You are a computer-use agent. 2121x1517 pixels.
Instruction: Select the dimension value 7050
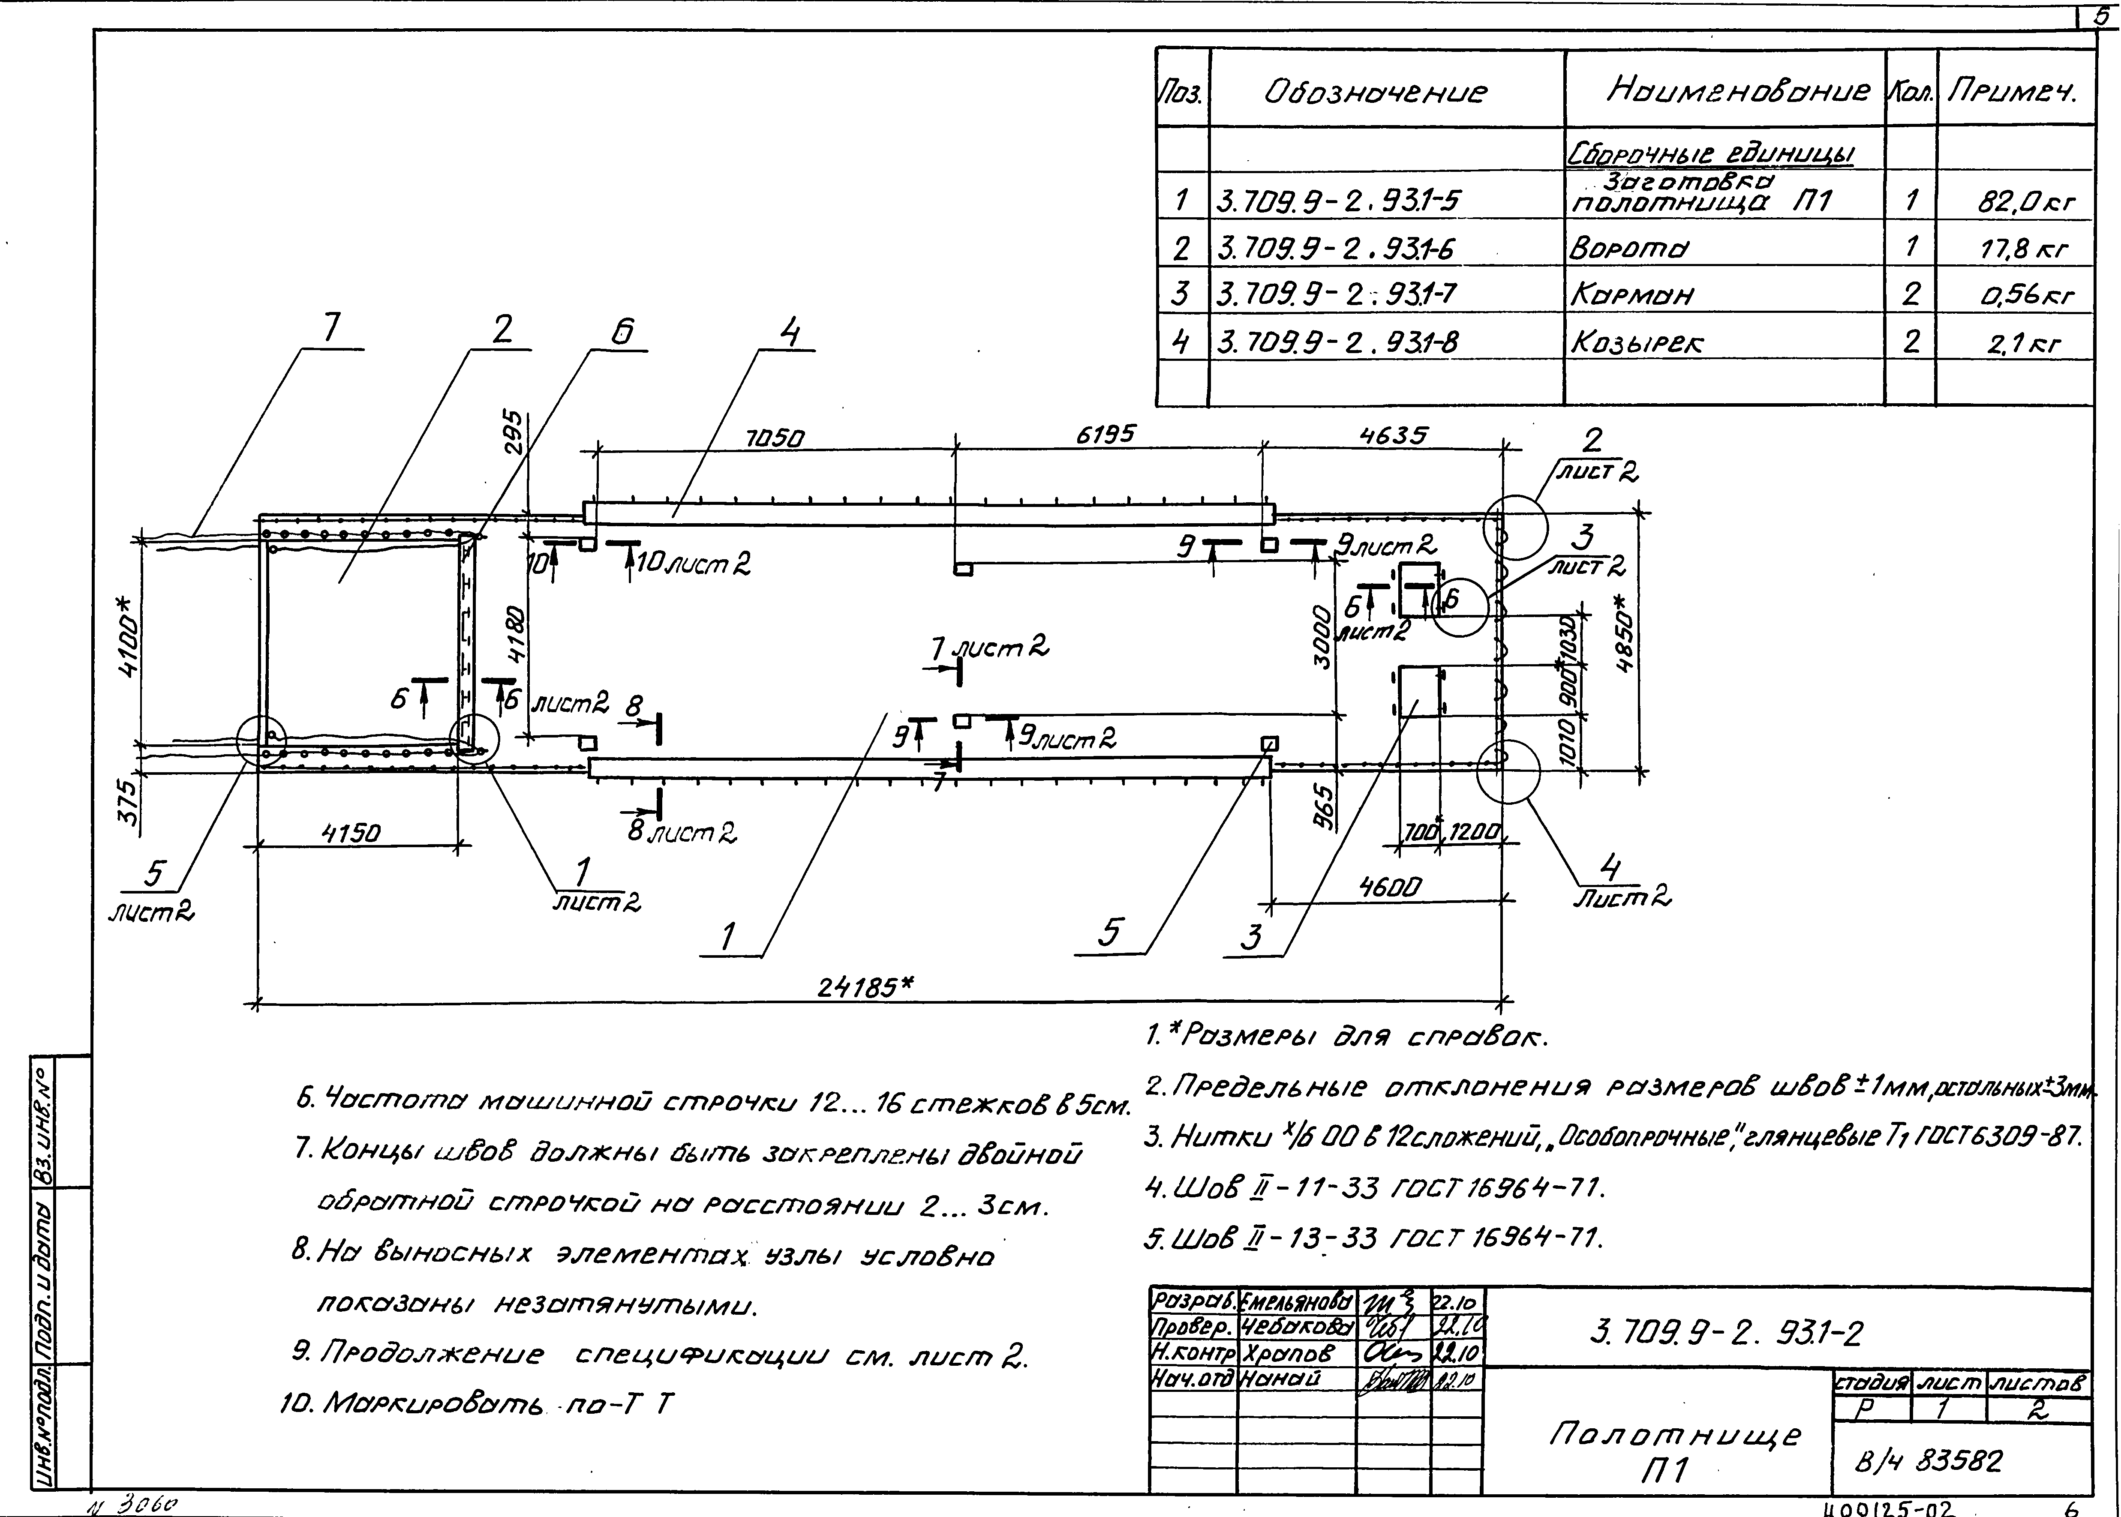click(x=775, y=437)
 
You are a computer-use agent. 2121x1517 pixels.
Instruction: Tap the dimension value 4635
click(x=1392, y=435)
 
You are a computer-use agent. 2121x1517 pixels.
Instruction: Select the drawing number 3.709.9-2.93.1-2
click(x=1725, y=1334)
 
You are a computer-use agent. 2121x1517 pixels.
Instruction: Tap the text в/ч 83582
click(x=1929, y=1461)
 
